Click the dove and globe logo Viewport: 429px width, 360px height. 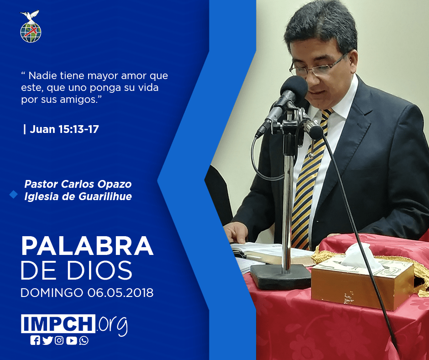point(31,26)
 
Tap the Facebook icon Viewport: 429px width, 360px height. point(35,340)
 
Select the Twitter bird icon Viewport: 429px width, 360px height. point(47,340)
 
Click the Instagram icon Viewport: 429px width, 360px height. point(59,340)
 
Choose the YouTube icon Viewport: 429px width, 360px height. point(71,340)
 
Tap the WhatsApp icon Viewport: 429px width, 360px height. point(84,340)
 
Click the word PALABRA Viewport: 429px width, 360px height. point(87,246)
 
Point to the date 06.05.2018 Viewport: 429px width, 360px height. point(120,293)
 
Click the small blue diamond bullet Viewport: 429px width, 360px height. point(13,194)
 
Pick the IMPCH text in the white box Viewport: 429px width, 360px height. point(58,323)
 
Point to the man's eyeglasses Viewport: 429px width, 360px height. point(317,66)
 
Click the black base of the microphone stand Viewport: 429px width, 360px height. point(280,276)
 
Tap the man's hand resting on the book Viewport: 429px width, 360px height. point(236,233)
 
